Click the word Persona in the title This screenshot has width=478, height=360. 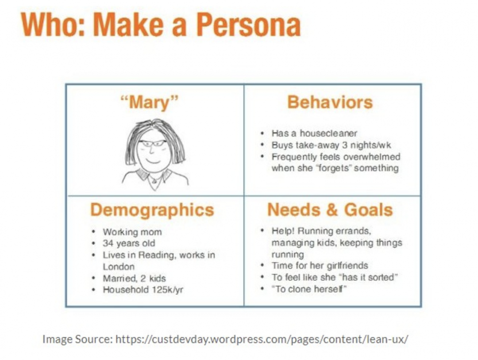click(248, 25)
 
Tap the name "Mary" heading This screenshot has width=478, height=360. click(149, 102)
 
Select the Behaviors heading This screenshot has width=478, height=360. click(330, 102)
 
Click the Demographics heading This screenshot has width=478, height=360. click(152, 210)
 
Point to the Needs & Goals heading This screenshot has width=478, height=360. click(330, 210)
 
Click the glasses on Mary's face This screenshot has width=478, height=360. click(152, 143)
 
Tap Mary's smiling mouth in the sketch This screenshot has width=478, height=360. click(153, 160)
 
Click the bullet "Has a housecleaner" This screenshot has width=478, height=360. click(314, 133)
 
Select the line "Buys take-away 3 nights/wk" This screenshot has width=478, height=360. click(331, 145)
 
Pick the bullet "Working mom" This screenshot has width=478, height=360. click(132, 232)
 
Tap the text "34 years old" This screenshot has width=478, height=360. click(129, 243)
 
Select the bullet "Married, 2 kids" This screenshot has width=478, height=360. click(134, 278)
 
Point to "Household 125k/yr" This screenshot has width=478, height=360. click(143, 290)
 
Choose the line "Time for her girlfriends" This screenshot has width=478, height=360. click(320, 266)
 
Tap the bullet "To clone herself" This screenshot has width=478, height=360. click(309, 289)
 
